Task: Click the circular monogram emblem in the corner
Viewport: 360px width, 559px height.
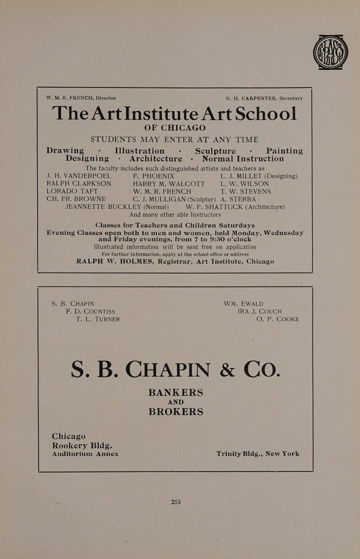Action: click(x=330, y=52)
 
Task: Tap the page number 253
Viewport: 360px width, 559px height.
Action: click(x=176, y=502)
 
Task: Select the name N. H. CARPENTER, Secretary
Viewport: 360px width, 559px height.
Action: click(x=264, y=98)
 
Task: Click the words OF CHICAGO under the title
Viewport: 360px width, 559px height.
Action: click(x=175, y=128)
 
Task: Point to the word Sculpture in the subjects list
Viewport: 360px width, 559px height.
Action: click(x=215, y=151)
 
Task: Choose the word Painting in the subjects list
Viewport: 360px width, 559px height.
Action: click(x=284, y=151)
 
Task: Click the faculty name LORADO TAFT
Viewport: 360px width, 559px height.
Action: click(x=72, y=192)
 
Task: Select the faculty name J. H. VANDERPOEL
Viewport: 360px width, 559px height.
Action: click(x=79, y=176)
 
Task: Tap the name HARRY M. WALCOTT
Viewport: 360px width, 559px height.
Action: click(x=169, y=184)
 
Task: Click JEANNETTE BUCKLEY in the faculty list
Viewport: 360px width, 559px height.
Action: click(x=103, y=207)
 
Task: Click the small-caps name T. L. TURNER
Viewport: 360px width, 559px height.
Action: click(x=98, y=319)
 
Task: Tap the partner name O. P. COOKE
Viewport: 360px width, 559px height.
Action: click(x=278, y=319)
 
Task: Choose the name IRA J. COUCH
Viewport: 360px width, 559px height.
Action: click(x=260, y=312)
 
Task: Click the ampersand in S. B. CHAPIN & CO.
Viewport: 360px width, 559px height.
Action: click(x=227, y=370)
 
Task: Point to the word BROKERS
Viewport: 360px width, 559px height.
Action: click(x=176, y=412)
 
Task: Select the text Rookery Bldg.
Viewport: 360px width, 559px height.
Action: click(x=82, y=446)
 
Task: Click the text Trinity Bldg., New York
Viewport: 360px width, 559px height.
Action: click(x=258, y=454)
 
